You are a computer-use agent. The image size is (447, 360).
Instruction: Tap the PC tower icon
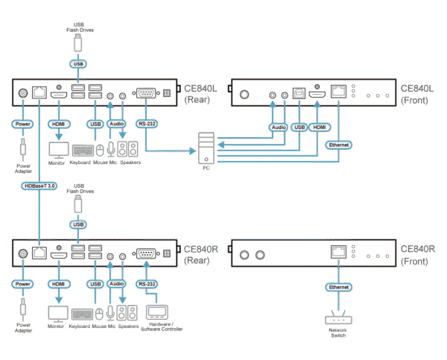click(207, 148)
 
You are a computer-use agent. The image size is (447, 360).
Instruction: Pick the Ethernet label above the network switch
click(339, 286)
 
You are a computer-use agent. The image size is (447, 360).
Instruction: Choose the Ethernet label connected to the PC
click(339, 143)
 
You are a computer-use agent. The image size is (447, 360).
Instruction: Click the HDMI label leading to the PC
click(320, 127)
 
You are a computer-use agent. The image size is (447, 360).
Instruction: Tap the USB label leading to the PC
click(300, 127)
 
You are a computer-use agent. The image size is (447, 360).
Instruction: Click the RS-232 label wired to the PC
click(146, 123)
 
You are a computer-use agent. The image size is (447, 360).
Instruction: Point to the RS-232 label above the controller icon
click(146, 284)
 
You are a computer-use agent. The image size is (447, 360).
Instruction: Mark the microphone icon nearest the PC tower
click(111, 149)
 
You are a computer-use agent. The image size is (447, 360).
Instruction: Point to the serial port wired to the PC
click(145, 93)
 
